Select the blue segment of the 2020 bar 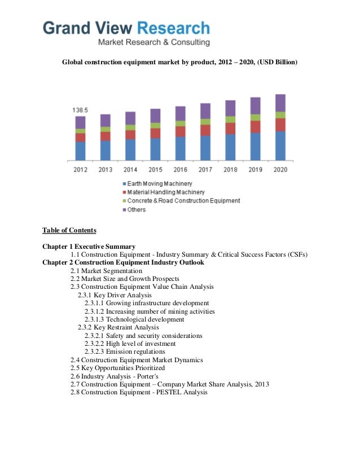pyautogui.click(x=280, y=146)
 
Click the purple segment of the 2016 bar pyautogui.click(x=180, y=113)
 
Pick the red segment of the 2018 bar pyautogui.click(x=230, y=128)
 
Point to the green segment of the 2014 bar pyautogui.click(x=130, y=128)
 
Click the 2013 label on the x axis pyautogui.click(x=105, y=169)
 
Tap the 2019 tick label pyautogui.click(x=255, y=169)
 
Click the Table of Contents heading pyautogui.click(x=69, y=230)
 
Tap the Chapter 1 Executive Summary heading pyautogui.click(x=89, y=247)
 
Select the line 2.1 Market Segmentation pyautogui.click(x=106, y=271)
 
